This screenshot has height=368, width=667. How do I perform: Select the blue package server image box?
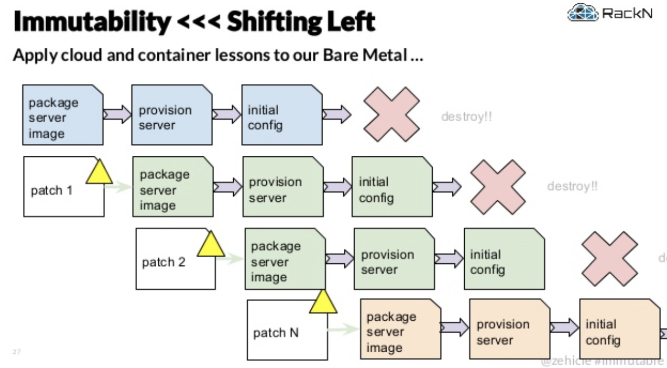pyautogui.click(x=62, y=115)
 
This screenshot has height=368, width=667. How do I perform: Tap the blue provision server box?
pyautogui.click(x=172, y=115)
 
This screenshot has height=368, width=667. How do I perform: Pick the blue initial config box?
pyautogui.click(x=281, y=115)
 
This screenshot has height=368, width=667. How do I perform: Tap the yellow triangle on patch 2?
pyautogui.click(x=211, y=244)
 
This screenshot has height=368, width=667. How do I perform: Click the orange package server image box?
pyautogui.click(x=400, y=329)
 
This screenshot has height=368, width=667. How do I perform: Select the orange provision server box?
pyautogui.click(x=509, y=329)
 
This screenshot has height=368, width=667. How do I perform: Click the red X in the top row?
pyautogui.click(x=391, y=115)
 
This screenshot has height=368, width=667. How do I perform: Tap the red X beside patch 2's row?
pyautogui.click(x=610, y=258)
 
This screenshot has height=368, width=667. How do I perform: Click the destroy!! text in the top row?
pyautogui.click(x=466, y=116)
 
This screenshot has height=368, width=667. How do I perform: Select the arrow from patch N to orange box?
pyautogui.click(x=343, y=328)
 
